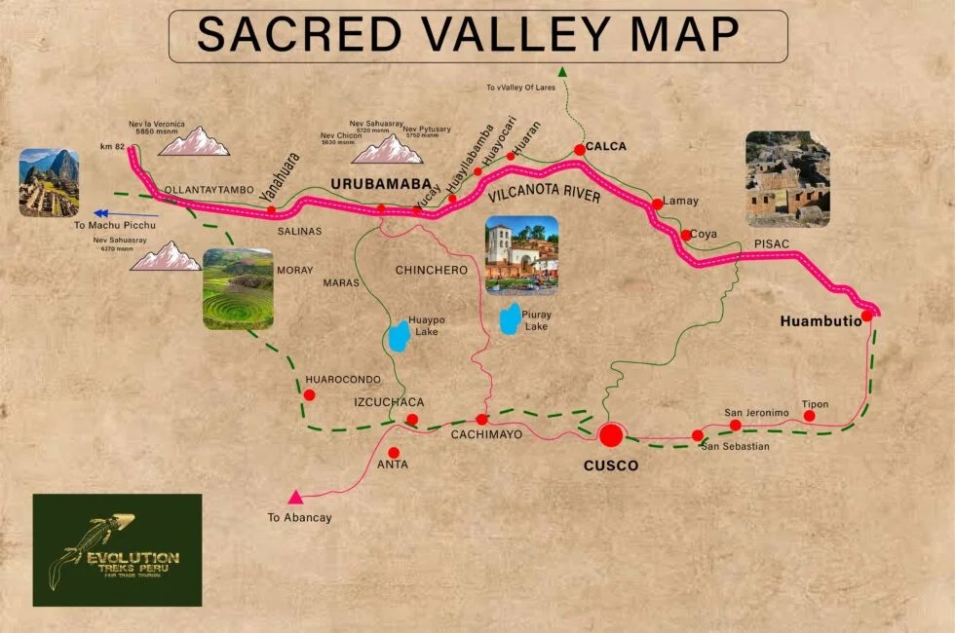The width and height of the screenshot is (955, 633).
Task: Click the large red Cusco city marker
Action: click(x=611, y=434)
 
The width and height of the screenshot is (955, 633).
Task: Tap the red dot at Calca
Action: click(x=579, y=149)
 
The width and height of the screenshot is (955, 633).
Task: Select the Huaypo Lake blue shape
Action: click(x=398, y=335)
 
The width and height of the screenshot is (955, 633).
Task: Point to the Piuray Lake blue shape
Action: click(x=509, y=318)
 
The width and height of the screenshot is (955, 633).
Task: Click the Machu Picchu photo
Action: click(x=49, y=182)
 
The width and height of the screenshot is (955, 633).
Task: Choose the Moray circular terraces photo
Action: click(x=238, y=289)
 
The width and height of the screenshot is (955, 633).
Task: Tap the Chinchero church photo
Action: click(x=521, y=255)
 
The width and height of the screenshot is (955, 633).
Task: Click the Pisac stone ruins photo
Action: click(x=786, y=179)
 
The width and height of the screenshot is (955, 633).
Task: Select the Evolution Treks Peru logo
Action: click(x=117, y=549)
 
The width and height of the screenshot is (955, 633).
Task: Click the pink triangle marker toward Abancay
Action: click(x=295, y=498)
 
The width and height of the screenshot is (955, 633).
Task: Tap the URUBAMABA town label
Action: click(x=380, y=183)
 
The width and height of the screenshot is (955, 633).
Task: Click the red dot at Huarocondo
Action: click(x=309, y=394)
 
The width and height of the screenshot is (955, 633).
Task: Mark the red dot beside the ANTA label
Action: click(x=394, y=452)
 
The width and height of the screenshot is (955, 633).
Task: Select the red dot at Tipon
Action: click(x=809, y=416)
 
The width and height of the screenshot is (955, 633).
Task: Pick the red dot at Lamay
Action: click(x=657, y=204)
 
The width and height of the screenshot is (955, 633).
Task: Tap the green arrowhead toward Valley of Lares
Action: click(x=562, y=70)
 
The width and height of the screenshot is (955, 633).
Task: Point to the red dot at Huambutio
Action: click(x=866, y=316)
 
